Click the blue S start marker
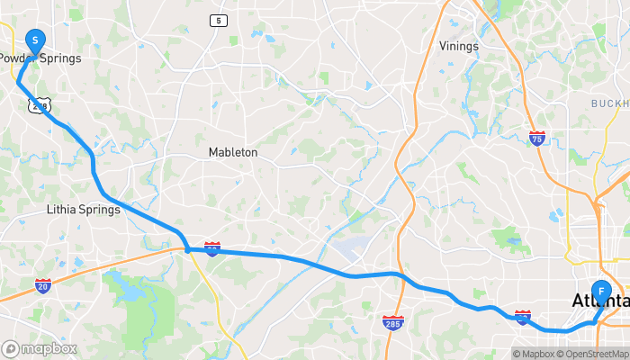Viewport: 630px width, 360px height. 35,40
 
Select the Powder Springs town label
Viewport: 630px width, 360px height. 40,58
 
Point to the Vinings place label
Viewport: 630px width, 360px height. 459,46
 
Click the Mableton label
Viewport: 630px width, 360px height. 233,152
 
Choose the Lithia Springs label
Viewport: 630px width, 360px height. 83,210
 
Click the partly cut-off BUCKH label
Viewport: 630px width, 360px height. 609,104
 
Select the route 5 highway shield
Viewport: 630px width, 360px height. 219,21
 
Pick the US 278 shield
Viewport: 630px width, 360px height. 39,105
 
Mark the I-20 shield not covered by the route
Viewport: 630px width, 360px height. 43,285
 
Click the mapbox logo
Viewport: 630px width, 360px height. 40,348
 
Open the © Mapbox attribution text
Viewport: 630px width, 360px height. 537,353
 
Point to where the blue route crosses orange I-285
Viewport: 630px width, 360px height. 396,274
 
